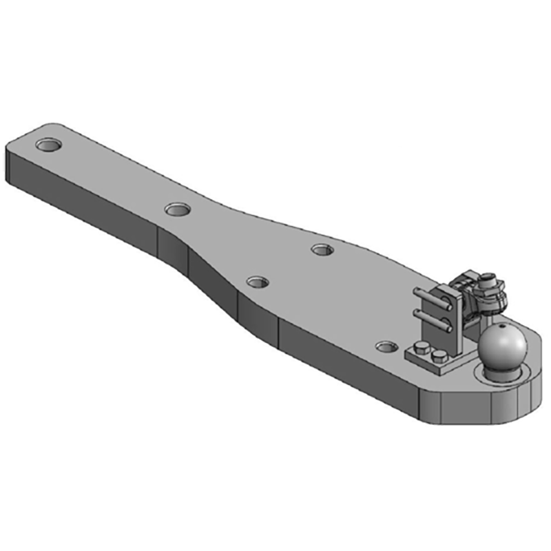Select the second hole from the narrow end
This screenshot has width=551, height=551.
[x=178, y=207]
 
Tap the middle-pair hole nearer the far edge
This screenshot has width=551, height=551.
[x=322, y=249]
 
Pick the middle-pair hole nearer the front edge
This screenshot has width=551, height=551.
[x=258, y=282]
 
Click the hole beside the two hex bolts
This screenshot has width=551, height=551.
[x=386, y=344]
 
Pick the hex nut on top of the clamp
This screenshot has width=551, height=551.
[x=488, y=279]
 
